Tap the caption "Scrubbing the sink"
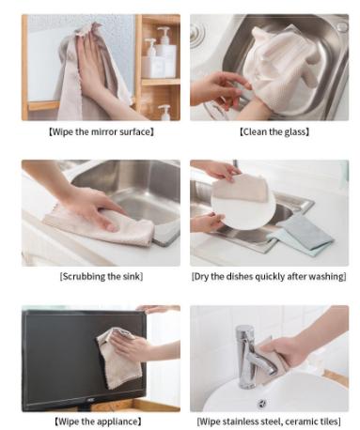(100, 276)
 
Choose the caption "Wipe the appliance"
(100, 422)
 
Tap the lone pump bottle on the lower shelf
(164, 112)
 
